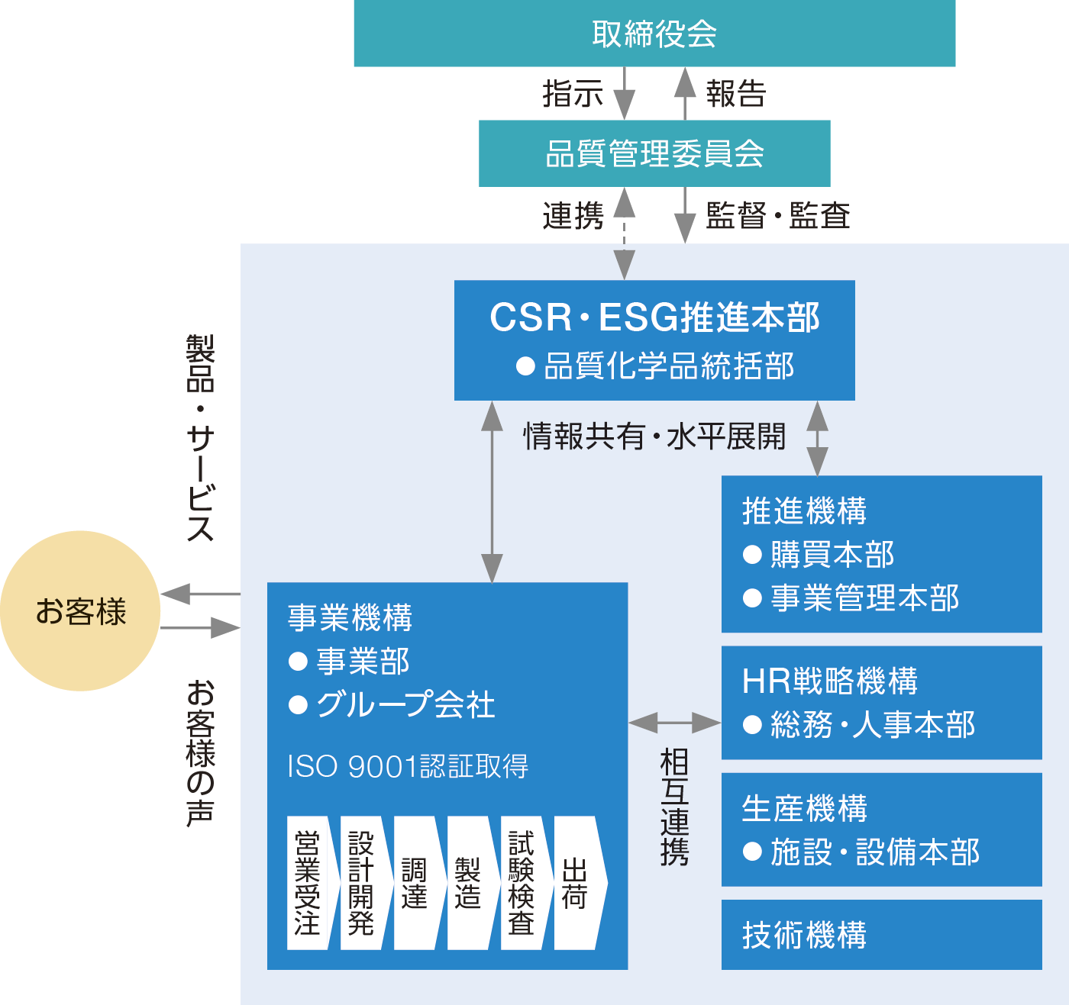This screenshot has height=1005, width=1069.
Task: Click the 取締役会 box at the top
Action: click(654, 34)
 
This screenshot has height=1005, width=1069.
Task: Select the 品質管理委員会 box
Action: click(654, 153)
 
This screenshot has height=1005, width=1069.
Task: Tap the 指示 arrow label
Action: click(573, 94)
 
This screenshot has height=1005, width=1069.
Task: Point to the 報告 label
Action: click(735, 94)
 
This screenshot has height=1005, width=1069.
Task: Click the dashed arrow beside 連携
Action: click(625, 233)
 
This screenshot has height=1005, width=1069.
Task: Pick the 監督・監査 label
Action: click(778, 215)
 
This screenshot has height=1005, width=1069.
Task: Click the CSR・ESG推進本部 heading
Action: click(654, 317)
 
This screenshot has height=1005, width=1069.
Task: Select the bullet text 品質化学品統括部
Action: click(668, 366)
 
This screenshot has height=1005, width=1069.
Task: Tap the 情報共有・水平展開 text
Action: click(654, 437)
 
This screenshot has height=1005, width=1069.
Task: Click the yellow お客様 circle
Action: click(80, 611)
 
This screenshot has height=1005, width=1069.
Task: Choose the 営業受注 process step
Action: click(307, 883)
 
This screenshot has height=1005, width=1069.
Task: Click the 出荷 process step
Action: click(574, 883)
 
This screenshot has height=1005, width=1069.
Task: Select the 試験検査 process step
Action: click(522, 883)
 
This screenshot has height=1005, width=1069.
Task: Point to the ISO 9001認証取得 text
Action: click(408, 766)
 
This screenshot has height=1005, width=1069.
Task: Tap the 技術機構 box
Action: click(881, 935)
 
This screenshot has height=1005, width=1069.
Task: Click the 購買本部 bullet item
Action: click(832, 555)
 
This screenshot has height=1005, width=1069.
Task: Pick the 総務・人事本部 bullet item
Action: click(872, 725)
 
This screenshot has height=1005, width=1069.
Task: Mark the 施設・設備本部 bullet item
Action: click(874, 852)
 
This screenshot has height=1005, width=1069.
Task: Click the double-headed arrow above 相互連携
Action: click(674, 722)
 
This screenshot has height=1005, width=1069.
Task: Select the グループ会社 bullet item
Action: click(405, 704)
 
